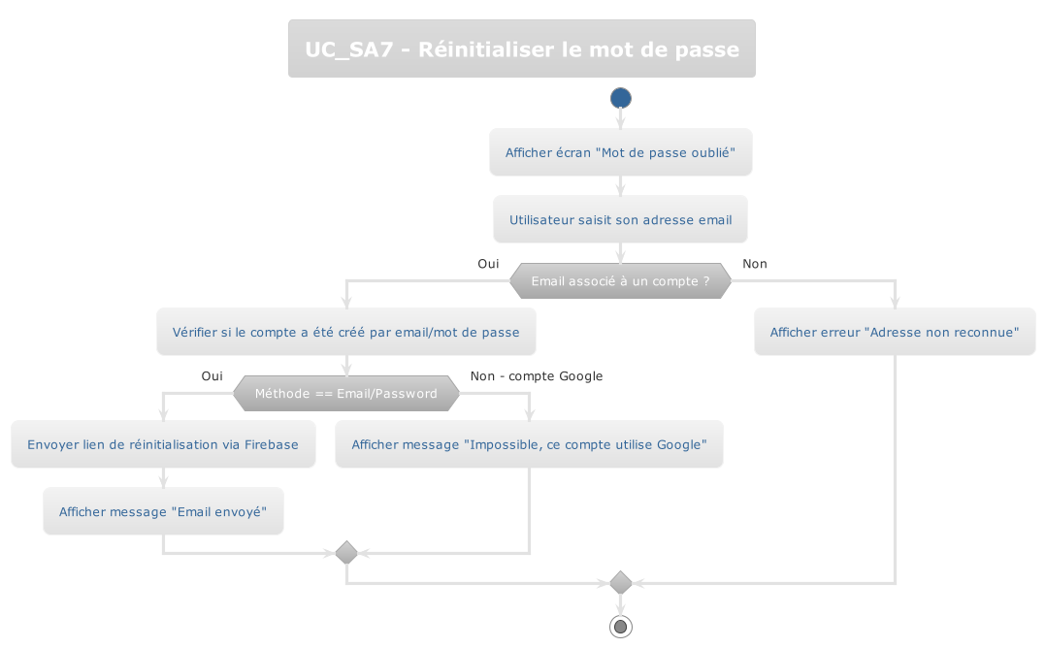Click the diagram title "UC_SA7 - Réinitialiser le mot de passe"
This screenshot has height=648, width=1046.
(x=521, y=49)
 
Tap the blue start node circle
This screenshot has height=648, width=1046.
(x=621, y=98)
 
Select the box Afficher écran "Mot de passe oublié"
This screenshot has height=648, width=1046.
(x=621, y=152)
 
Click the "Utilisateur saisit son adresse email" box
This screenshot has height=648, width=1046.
(x=621, y=220)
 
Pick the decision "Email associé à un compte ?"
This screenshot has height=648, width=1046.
(x=620, y=280)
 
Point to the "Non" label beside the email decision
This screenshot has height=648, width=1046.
(x=755, y=264)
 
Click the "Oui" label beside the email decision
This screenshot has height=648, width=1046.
(x=488, y=264)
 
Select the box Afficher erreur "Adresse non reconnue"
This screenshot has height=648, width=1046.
(x=895, y=332)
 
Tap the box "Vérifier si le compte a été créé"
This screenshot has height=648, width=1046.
(x=346, y=332)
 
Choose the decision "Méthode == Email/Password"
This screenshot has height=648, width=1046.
(x=346, y=393)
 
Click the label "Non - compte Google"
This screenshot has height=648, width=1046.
(x=537, y=376)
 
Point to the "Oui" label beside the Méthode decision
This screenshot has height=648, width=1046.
(x=212, y=376)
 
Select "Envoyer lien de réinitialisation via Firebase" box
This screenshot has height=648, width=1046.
(x=163, y=444)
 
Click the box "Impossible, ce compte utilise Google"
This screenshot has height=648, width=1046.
(x=529, y=444)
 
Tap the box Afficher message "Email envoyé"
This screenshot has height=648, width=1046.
(x=163, y=511)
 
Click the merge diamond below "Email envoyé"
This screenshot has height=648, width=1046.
(x=346, y=553)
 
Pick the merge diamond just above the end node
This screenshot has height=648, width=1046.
(x=621, y=583)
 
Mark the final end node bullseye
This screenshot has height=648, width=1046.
(x=621, y=627)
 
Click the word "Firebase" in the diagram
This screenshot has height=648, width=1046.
(x=271, y=444)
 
